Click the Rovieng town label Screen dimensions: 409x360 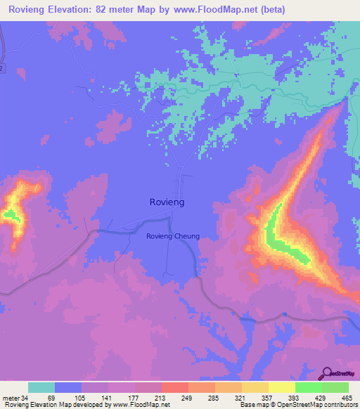click(167, 202)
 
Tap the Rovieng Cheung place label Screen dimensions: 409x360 click(173, 236)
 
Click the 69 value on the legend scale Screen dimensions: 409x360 click(51, 397)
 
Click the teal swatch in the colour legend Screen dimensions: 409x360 click(41, 387)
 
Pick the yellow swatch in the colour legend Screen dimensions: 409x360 click(281, 387)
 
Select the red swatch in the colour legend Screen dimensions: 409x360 click(174, 387)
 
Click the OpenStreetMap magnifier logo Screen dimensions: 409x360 click(328, 373)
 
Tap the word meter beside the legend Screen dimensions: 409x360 click(10, 397)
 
